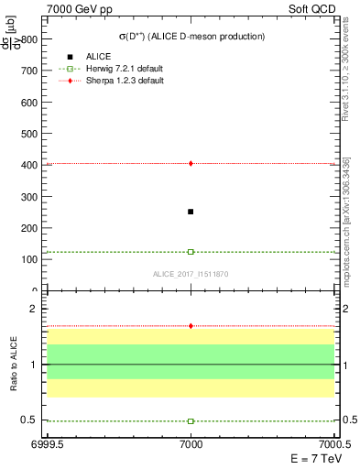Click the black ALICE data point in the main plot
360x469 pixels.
(191, 212)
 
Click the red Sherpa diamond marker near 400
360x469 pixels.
(191, 163)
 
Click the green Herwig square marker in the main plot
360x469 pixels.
(191, 251)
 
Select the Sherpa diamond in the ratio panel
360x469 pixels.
(191, 326)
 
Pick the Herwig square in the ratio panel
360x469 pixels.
(191, 421)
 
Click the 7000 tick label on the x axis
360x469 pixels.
(191, 444)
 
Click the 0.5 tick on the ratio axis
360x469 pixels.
(29, 420)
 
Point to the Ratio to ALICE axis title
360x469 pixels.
(13, 365)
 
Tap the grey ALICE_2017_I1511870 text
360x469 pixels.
(190, 275)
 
